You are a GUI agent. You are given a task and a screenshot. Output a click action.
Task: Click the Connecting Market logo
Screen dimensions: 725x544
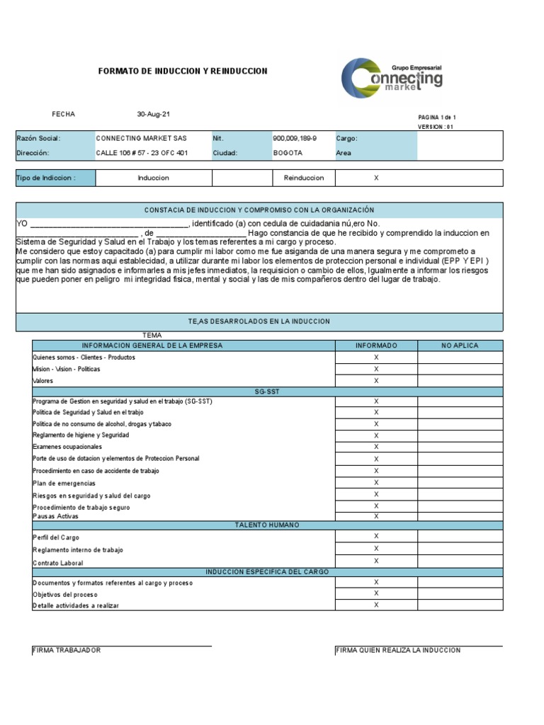tap(392, 78)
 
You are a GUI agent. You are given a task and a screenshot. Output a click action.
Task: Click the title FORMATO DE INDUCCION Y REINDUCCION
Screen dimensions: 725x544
tap(182, 72)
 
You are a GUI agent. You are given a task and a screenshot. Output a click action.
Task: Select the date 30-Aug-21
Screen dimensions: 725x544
tap(154, 114)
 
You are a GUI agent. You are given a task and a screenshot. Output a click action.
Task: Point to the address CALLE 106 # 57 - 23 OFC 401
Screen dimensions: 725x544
tap(142, 153)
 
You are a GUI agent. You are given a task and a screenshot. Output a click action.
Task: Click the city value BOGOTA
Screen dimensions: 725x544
tap(288, 153)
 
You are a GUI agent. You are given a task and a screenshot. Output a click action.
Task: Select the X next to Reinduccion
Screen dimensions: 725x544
tap(376, 178)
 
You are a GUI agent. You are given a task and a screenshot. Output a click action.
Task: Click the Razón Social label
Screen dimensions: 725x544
tap(38, 139)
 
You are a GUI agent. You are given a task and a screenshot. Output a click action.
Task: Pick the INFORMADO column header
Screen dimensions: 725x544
tap(376, 346)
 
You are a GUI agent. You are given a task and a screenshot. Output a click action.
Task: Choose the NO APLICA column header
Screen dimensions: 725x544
tap(460, 346)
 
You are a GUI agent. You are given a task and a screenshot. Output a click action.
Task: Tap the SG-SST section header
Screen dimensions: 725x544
tap(267, 392)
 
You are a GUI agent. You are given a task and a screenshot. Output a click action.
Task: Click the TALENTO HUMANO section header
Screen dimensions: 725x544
tap(267, 525)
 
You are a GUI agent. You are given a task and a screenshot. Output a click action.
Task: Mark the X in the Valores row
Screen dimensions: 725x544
tap(376, 380)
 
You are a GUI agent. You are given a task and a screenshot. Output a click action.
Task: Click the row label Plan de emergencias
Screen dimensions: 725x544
tap(64, 484)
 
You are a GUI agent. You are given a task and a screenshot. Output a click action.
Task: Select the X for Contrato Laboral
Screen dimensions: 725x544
tap(376, 561)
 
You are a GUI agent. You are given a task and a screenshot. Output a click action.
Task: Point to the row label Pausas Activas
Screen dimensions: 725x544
tap(56, 516)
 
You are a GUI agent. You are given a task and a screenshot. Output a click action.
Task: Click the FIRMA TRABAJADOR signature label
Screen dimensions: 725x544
tap(67, 650)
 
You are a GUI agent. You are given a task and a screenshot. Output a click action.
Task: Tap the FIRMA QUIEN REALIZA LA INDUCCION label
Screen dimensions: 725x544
tap(398, 650)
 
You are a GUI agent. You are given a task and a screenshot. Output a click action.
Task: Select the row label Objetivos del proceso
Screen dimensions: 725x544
tap(65, 595)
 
